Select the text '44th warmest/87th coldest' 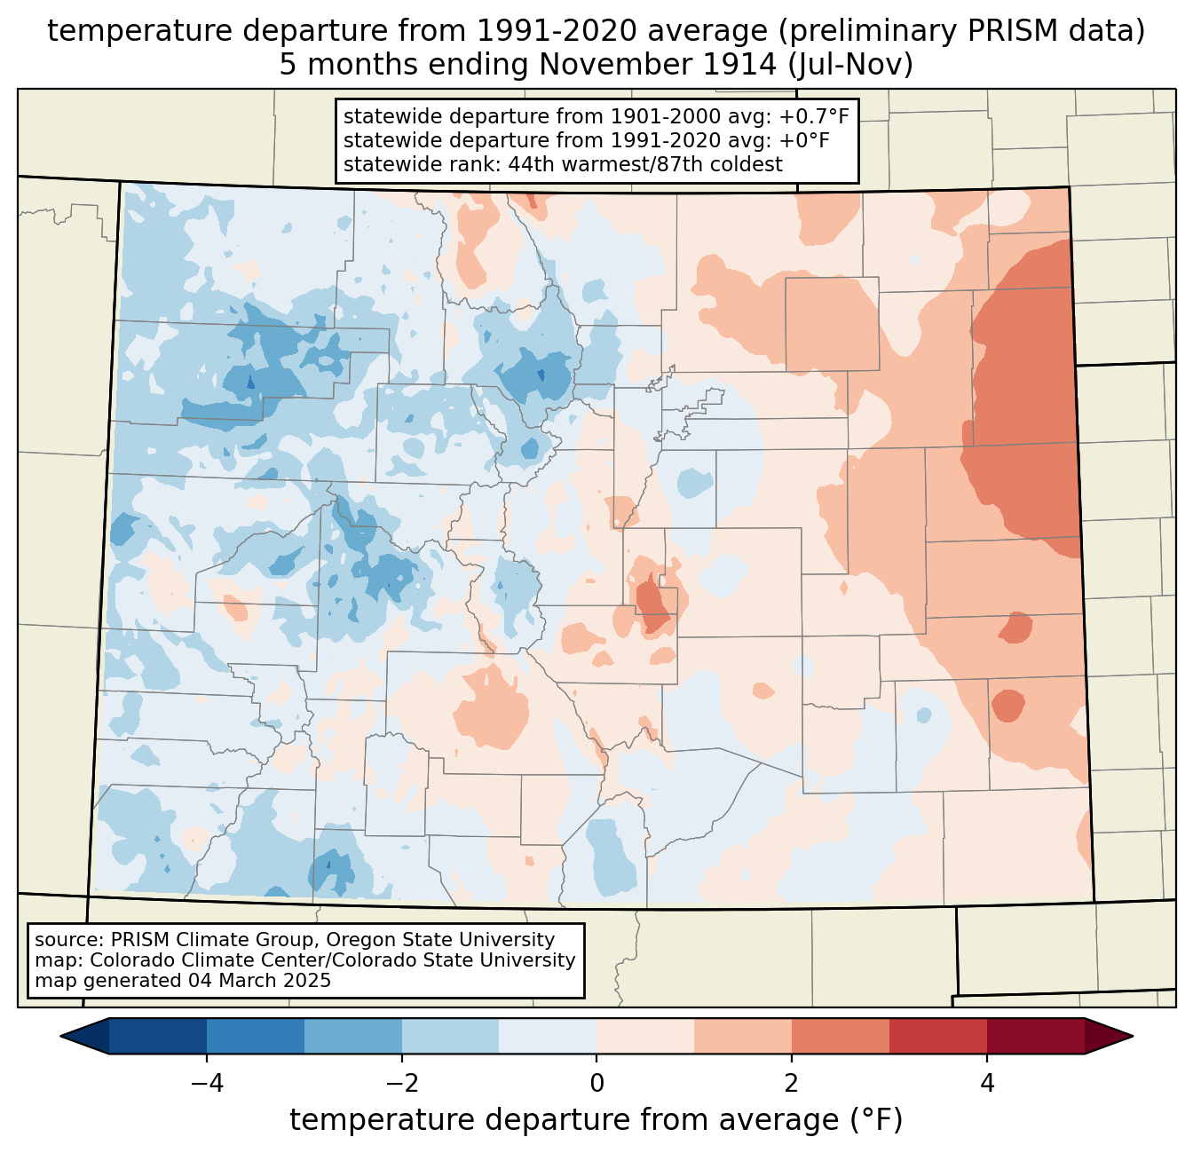(x=645, y=164)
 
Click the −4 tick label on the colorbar (x=207, y=1083)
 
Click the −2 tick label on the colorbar (x=401, y=1083)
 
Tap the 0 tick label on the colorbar (x=596, y=1083)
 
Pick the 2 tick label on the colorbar (x=792, y=1083)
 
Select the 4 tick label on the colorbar (x=986, y=1083)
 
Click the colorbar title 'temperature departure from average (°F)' (x=596, y=1120)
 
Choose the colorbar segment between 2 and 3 (x=840, y=1036)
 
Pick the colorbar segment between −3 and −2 (x=352, y=1036)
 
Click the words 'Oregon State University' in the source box (x=440, y=940)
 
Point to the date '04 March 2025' (x=259, y=980)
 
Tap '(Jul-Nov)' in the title (x=849, y=65)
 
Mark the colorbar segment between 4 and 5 (x=1036, y=1036)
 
